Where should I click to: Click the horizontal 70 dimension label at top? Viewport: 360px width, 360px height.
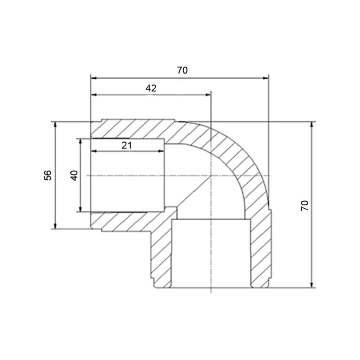tap(182, 70)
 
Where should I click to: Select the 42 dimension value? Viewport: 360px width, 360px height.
tap(151, 88)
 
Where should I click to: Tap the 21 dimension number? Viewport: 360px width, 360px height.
tap(127, 145)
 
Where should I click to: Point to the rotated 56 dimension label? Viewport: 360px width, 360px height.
tap(48, 175)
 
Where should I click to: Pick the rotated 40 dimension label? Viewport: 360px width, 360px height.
tap(74, 175)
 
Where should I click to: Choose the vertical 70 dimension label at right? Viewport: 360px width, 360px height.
tap(305, 206)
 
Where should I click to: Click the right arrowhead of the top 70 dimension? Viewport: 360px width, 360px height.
tap(265, 78)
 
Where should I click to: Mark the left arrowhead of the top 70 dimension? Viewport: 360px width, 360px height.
tap(94, 78)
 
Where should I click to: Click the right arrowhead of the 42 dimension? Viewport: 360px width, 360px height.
tap(208, 94)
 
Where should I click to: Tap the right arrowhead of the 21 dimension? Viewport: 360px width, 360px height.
tap(161, 151)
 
